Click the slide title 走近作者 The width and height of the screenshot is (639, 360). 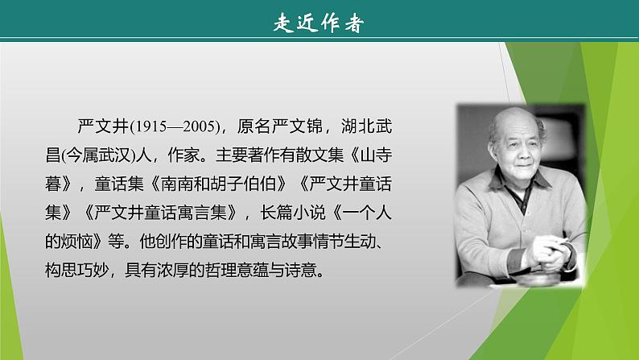tap(319, 23)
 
